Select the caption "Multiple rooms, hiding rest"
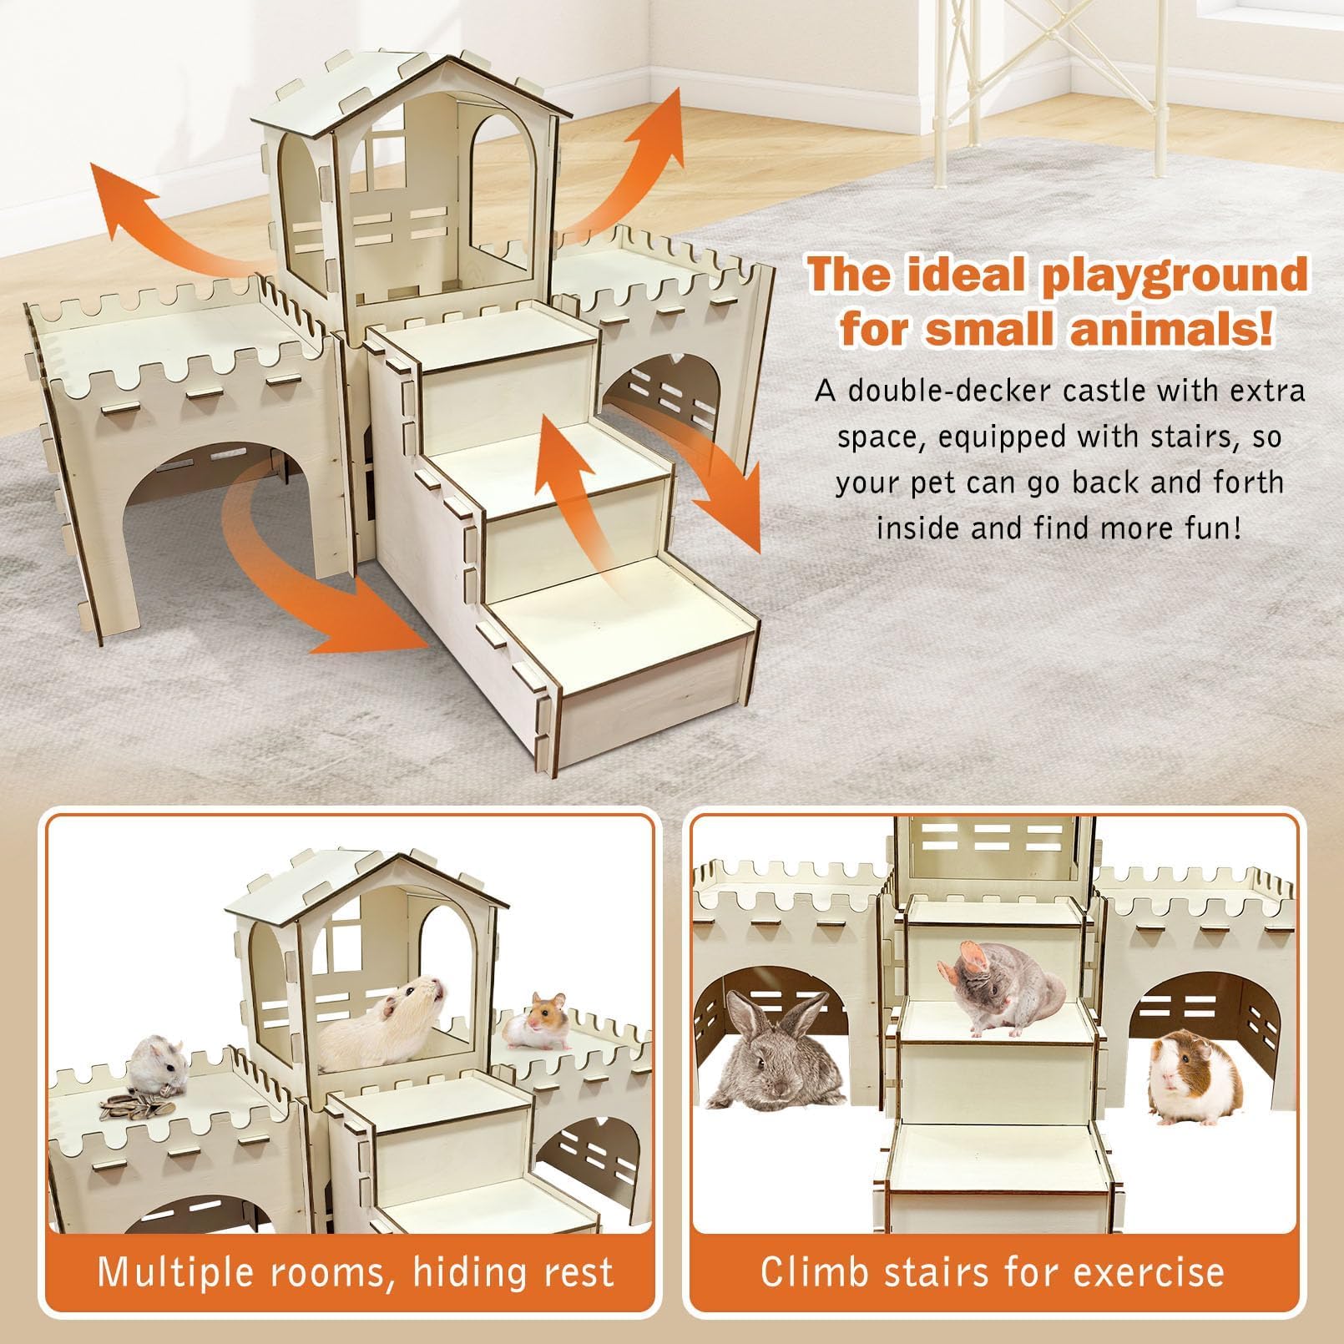point(356,1271)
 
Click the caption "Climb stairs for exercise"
point(993,1271)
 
